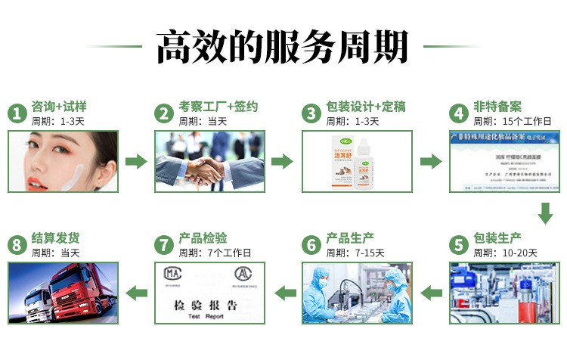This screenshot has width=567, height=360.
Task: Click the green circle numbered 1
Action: pyautogui.click(x=17, y=113)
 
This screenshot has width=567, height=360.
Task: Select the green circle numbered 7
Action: pyautogui.click(x=164, y=245)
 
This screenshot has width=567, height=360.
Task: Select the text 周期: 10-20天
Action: pyautogui.click(x=505, y=253)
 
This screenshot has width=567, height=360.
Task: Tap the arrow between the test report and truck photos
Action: pyautogui.click(x=137, y=293)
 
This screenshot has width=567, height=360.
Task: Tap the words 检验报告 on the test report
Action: pyautogui.click(x=200, y=306)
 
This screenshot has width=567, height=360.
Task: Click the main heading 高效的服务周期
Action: pyautogui.click(x=283, y=47)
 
